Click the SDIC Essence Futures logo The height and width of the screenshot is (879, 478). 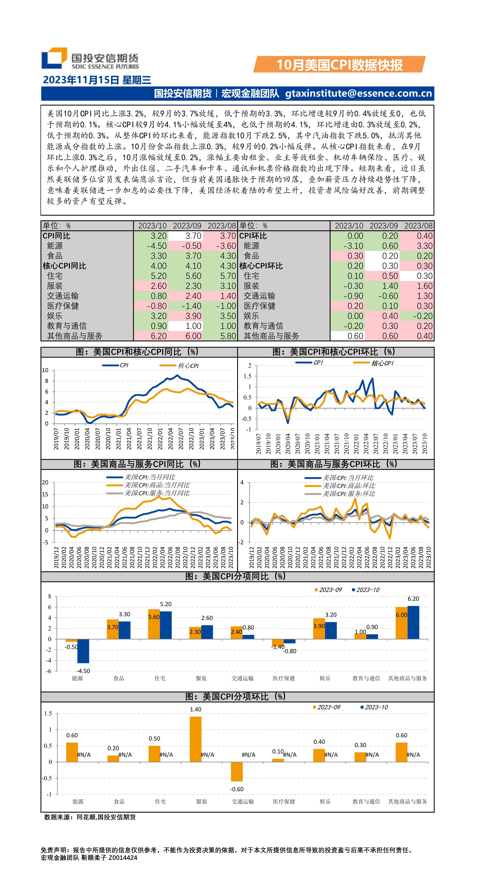(90, 59)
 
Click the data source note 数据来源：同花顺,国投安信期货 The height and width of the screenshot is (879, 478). (90, 817)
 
